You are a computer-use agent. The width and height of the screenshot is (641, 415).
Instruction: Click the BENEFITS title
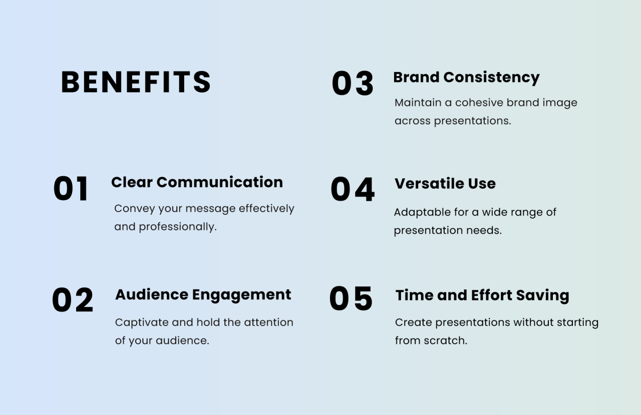(x=136, y=82)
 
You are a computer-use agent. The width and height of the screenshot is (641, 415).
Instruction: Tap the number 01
(x=71, y=189)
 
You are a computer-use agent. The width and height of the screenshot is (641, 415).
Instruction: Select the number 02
(x=73, y=300)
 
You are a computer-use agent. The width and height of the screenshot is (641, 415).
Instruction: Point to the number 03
(x=353, y=83)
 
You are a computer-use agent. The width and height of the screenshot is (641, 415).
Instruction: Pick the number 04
(x=353, y=189)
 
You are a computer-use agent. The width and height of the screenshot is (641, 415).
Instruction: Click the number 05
(x=351, y=298)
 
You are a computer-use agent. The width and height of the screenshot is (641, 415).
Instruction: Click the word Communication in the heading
(x=220, y=182)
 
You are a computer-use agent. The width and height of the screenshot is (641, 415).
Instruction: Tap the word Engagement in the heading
(x=241, y=295)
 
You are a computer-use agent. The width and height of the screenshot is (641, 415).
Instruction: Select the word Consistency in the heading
(x=492, y=78)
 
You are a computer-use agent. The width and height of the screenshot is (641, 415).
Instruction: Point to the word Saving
(x=542, y=296)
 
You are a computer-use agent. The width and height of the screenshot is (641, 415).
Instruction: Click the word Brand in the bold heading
(x=416, y=77)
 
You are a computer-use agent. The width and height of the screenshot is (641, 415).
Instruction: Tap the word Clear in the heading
(x=132, y=182)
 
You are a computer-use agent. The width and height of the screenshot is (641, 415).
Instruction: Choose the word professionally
(x=178, y=227)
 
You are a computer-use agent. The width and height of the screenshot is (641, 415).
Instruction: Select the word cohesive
(x=479, y=103)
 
